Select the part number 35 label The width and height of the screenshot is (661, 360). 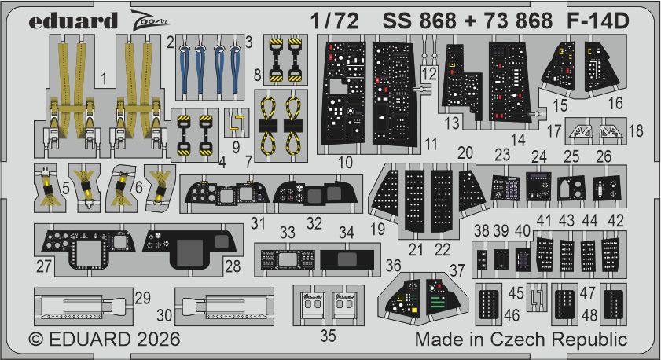328,336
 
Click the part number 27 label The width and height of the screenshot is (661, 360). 44,266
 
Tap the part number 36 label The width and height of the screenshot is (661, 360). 392,266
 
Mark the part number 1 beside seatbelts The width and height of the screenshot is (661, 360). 105,78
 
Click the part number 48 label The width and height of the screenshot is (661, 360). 588,314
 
